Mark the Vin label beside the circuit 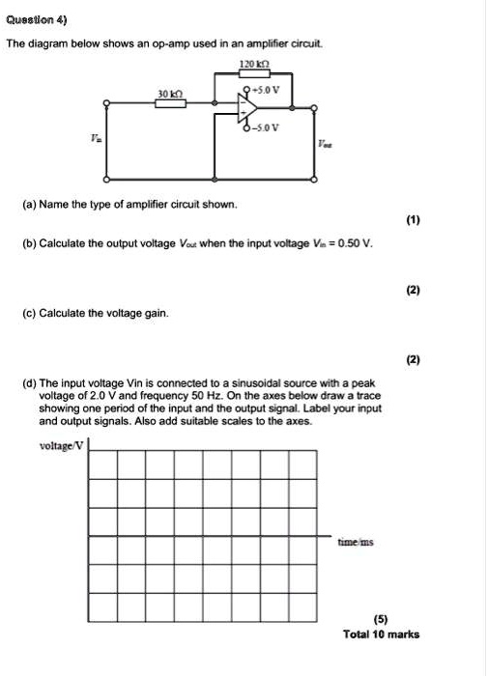coord(95,141)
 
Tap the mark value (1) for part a coord(414,220)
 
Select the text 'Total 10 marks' coord(382,634)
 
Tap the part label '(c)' coord(32,313)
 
